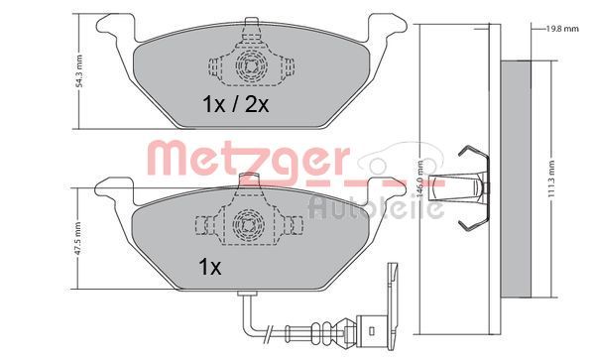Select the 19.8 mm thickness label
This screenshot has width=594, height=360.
[562, 29]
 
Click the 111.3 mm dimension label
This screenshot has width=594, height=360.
[551, 179]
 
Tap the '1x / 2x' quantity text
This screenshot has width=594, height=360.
[236, 104]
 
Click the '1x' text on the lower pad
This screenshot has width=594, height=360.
[210, 268]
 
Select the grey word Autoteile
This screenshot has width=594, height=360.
[376, 206]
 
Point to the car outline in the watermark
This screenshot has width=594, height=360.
[402, 158]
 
